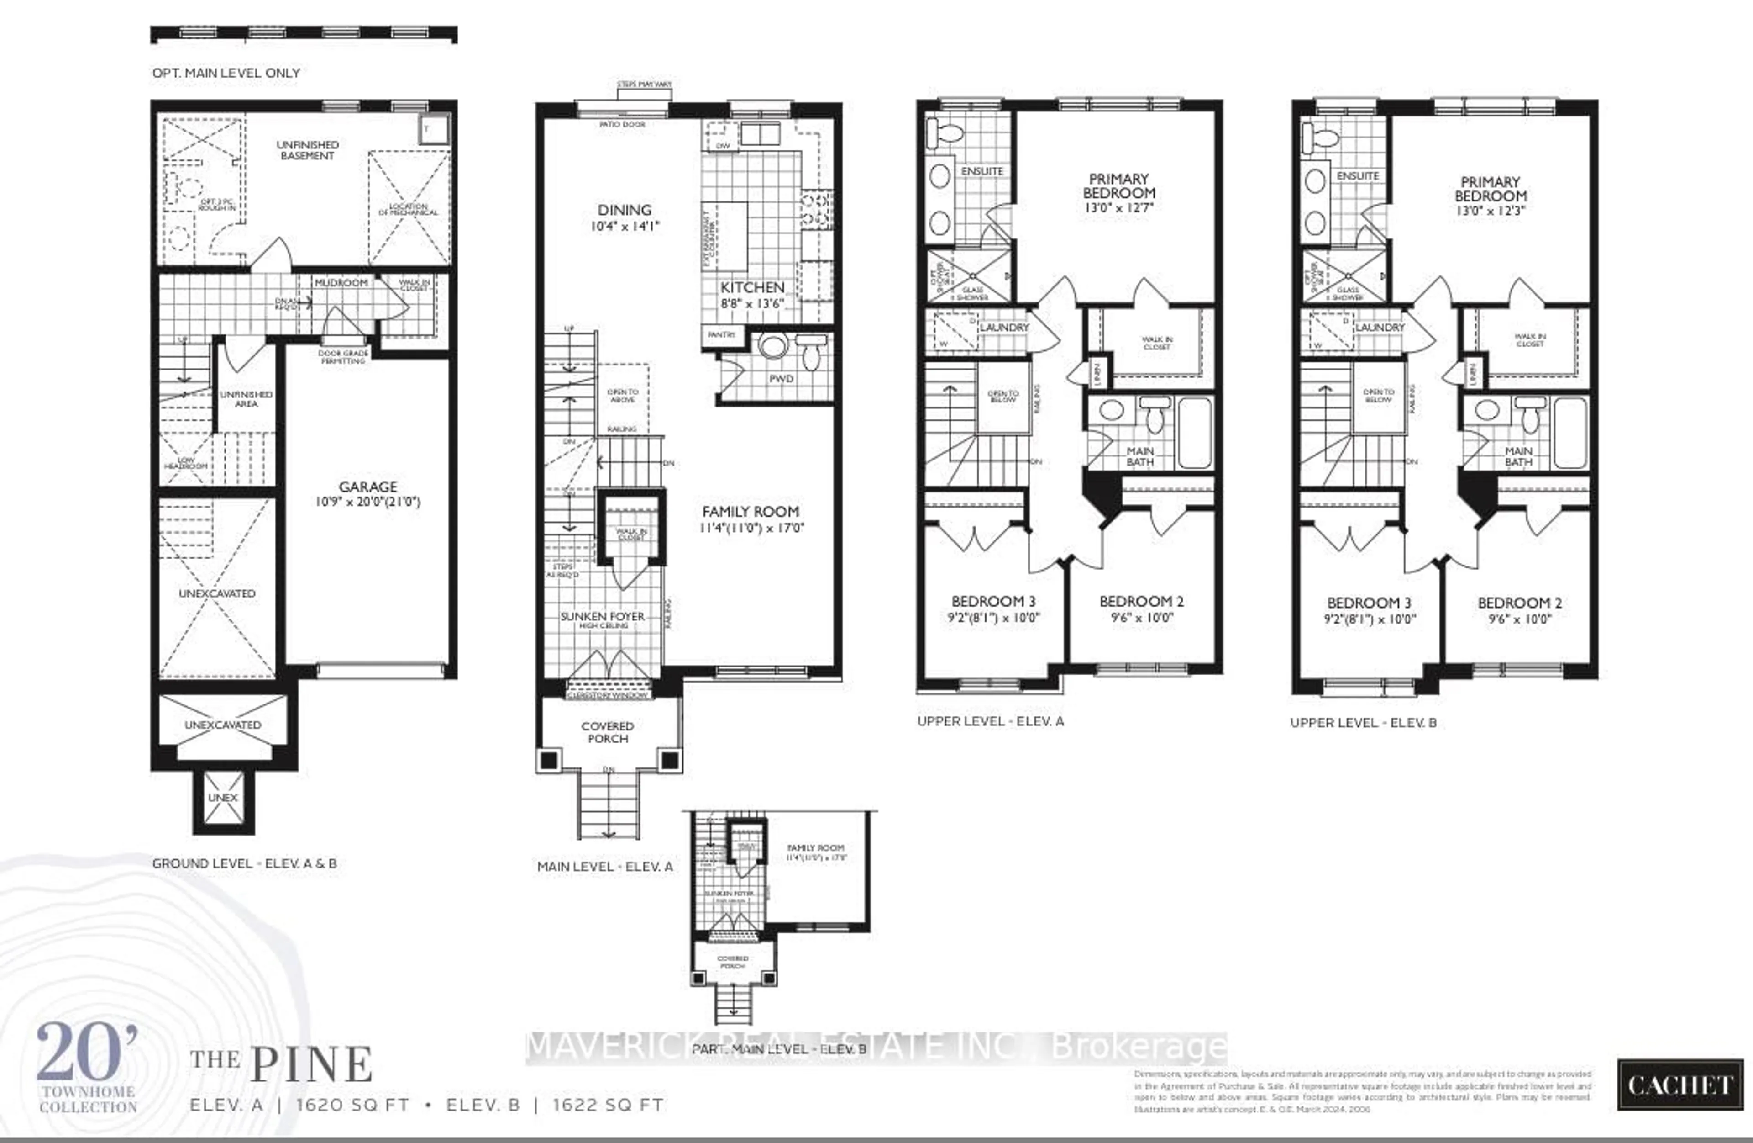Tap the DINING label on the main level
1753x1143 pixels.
[625, 210]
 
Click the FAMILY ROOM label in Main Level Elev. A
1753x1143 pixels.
[751, 512]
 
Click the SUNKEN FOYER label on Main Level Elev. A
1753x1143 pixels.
[603, 616]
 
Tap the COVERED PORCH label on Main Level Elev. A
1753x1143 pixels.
[608, 732]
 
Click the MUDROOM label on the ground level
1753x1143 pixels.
[341, 283]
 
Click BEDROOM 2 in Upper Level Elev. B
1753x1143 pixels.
[1520, 603]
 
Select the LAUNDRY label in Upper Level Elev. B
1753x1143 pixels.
[1380, 327]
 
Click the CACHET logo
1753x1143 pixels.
[1680, 1085]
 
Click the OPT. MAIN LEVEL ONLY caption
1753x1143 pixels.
[226, 73]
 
